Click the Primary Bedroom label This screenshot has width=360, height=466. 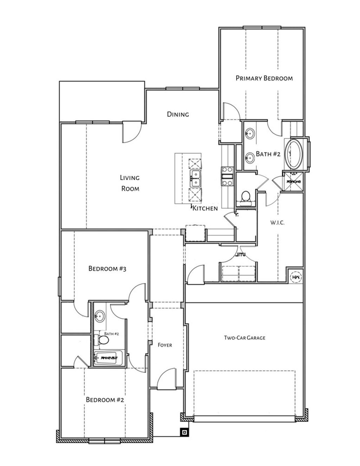(264, 78)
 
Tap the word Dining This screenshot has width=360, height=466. (178, 114)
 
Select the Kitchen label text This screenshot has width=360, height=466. (205, 208)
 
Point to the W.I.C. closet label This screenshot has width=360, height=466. (277, 223)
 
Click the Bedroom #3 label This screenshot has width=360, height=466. (107, 269)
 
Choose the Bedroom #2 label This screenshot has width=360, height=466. (105, 400)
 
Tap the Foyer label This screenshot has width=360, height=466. (165, 345)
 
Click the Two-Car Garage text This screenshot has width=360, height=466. (244, 338)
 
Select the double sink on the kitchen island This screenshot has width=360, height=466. (195, 179)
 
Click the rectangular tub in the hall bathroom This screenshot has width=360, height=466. (108, 358)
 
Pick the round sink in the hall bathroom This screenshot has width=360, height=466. (101, 316)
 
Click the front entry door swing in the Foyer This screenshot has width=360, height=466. (166, 379)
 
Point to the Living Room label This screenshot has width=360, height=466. (130, 183)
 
